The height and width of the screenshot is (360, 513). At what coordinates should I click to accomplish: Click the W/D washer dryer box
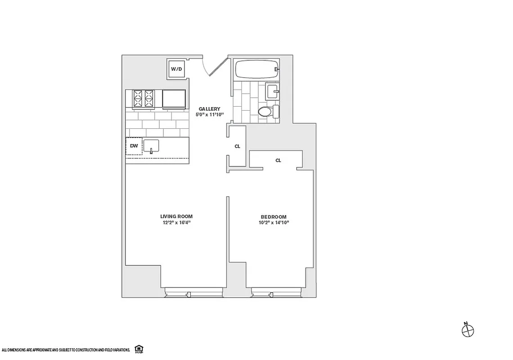(176, 69)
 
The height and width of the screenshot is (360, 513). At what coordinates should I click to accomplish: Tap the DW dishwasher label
(134, 146)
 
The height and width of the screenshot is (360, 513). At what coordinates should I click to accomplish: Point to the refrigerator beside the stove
(174, 99)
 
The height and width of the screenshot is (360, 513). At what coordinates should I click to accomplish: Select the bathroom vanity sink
(272, 91)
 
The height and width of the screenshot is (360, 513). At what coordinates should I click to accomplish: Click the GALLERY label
(210, 109)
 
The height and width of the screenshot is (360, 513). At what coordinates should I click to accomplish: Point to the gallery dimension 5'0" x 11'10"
(210, 115)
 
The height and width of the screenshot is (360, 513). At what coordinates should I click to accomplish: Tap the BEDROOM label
(272, 216)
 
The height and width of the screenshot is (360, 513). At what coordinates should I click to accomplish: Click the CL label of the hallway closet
(237, 146)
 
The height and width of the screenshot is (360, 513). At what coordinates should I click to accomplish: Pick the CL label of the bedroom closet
(278, 160)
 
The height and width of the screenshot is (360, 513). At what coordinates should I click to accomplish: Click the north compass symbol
(468, 330)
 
